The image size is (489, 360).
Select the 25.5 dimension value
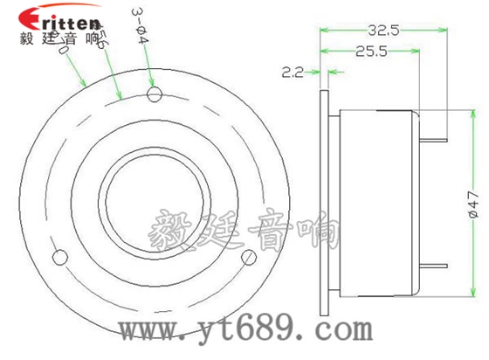tap(372, 52)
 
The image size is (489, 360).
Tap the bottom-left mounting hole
tap(60, 256)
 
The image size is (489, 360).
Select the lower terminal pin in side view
tap(436, 265)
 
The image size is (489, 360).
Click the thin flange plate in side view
tap(325, 199)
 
